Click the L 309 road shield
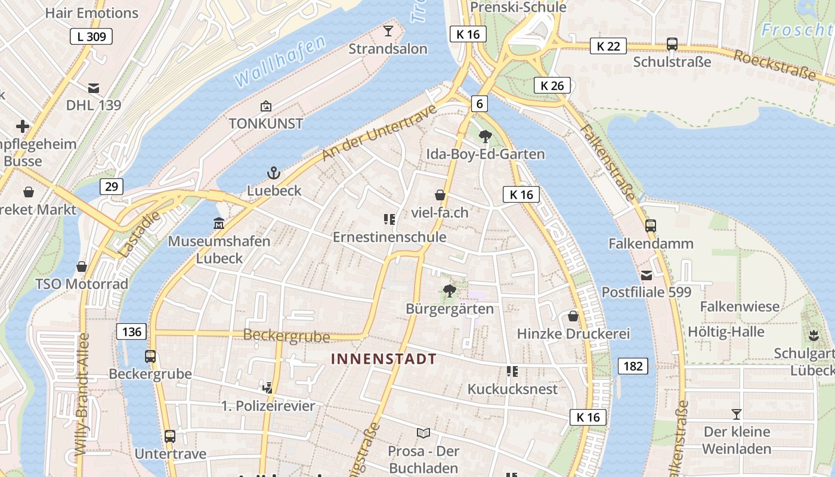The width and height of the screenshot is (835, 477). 91,36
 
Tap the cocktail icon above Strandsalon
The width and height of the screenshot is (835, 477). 388,30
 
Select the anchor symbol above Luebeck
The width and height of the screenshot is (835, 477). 273,174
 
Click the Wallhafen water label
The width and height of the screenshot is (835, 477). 280,61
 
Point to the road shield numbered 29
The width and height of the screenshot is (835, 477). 112,187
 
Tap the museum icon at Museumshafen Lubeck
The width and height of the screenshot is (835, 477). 219,224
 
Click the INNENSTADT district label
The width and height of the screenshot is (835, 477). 384,359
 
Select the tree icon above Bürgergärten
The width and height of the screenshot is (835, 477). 450,291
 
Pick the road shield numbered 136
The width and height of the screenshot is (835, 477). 131,332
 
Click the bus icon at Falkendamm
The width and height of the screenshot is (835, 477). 651,226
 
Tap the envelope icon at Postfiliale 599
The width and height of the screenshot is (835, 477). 647,275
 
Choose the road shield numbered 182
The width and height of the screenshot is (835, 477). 633,366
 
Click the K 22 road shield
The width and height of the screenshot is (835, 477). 608,46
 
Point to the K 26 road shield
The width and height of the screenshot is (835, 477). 552,85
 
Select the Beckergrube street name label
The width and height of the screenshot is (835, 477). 286,336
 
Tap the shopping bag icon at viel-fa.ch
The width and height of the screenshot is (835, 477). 440,195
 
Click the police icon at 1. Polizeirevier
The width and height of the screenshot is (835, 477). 268,388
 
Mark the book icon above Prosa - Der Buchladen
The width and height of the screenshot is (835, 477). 423,433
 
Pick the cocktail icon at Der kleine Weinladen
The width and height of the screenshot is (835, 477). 737,414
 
